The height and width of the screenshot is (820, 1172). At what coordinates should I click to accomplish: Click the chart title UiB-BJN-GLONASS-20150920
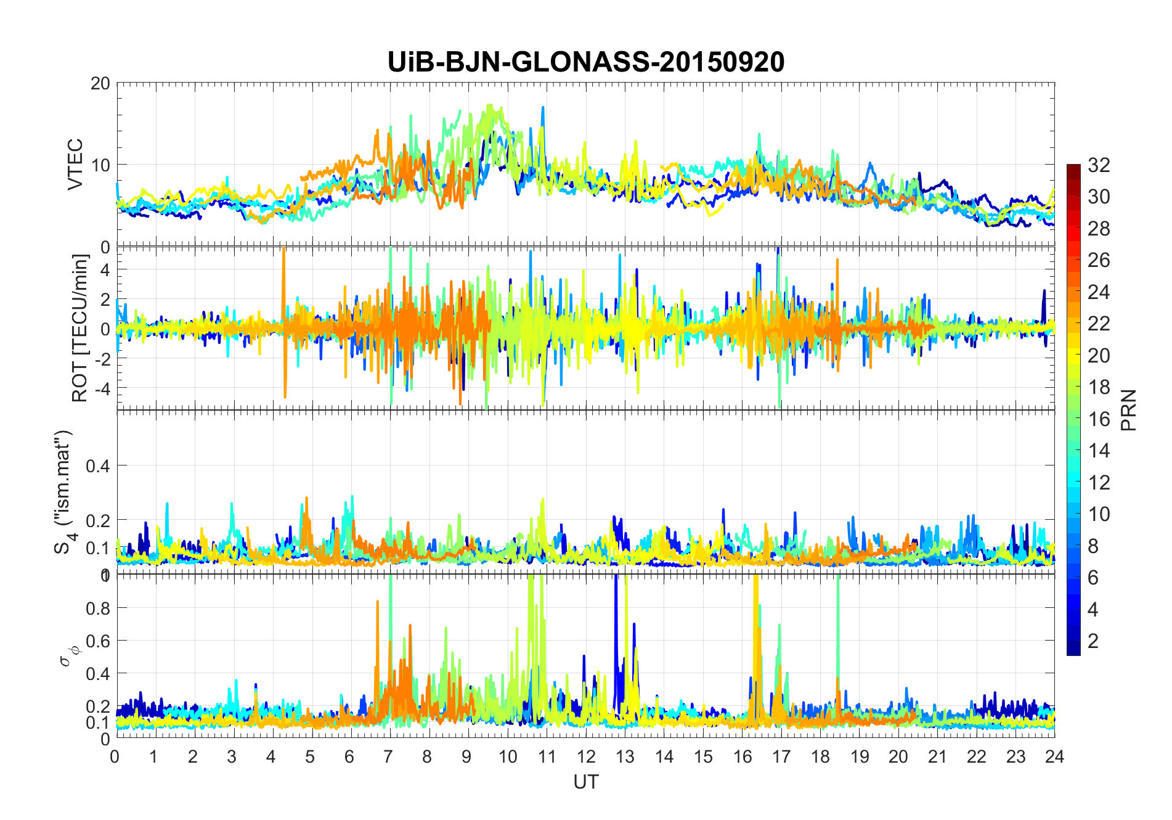point(585,62)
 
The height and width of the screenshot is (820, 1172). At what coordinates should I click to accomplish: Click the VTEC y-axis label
point(75,165)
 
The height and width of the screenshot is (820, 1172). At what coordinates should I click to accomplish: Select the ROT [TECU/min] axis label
point(79,328)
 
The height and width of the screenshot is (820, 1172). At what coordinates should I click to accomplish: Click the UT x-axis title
point(585,782)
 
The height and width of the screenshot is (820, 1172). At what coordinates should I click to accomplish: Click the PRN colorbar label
point(1129,410)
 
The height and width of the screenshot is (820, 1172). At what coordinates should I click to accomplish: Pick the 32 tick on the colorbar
point(1099,165)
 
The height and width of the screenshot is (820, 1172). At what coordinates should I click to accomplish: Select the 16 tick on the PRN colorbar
point(1099,419)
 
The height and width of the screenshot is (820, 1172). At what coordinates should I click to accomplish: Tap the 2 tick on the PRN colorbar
point(1093,641)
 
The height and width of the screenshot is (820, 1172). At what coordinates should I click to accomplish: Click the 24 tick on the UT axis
point(1054,756)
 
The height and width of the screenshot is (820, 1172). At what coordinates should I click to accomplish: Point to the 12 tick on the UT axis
point(585,756)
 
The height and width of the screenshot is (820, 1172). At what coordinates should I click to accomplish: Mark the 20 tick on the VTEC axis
point(100,83)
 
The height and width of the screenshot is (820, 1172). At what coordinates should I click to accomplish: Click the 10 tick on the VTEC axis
point(100,165)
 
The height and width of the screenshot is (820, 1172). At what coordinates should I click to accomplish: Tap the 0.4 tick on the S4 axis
point(97,466)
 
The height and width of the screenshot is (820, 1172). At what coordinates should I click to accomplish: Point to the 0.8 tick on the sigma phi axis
point(97,608)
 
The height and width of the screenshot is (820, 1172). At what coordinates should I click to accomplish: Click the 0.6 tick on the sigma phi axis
point(97,641)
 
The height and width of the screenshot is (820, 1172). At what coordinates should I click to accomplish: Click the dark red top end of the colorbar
point(1073,168)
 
